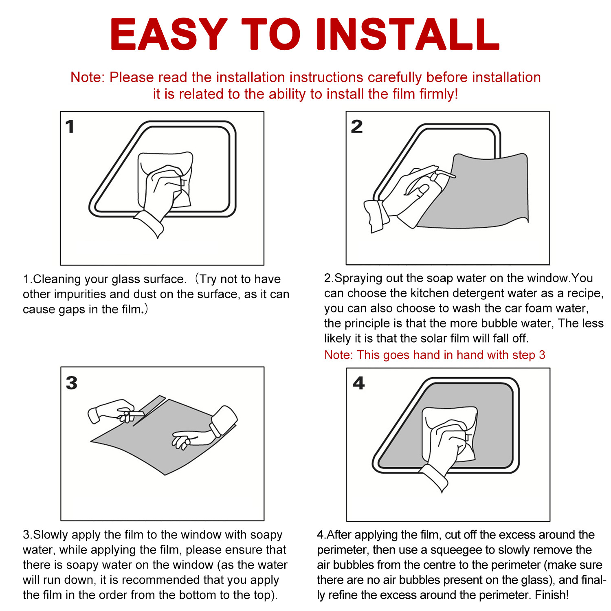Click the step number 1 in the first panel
[x=70, y=127]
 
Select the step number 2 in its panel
[x=357, y=127]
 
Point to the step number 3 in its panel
[x=72, y=383]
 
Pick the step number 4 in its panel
[x=359, y=383]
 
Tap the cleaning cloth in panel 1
[x=165, y=179]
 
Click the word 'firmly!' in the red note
[x=439, y=94]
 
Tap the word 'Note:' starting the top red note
[x=88, y=77]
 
